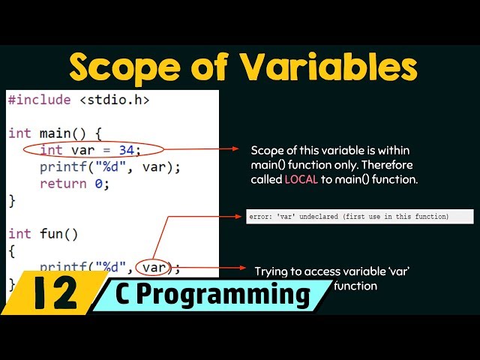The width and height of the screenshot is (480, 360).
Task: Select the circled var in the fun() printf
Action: pyautogui.click(x=154, y=267)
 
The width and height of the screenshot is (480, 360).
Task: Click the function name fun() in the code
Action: pyautogui.click(x=58, y=233)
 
